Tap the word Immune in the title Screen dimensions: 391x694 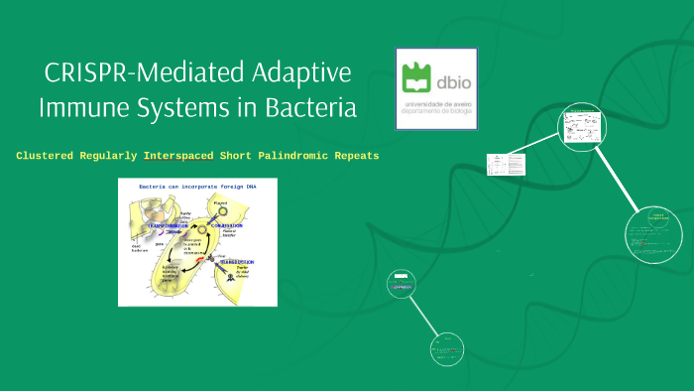(86, 108)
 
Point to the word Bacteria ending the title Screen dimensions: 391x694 (310, 108)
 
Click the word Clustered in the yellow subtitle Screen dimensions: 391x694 (54, 156)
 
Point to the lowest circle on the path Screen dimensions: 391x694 (447, 350)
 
